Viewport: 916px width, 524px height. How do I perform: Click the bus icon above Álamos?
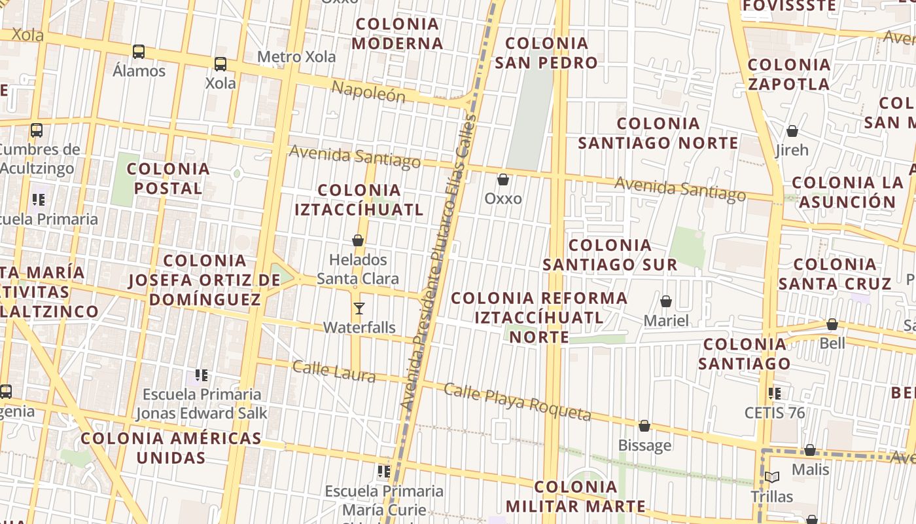[139, 52]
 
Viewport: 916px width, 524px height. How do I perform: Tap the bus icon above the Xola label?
[220, 64]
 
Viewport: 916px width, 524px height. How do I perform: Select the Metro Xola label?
[296, 57]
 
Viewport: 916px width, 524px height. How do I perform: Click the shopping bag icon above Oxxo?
[503, 179]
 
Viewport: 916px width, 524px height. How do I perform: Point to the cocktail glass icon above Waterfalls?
[359, 309]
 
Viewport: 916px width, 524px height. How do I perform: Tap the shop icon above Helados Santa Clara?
[358, 241]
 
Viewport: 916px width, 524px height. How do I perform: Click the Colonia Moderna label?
[397, 34]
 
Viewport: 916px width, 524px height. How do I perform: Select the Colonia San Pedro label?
[546, 53]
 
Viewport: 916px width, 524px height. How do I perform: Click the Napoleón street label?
[368, 92]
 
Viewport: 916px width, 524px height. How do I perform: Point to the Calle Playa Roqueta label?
[517, 402]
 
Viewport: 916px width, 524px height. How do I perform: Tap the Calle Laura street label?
[334, 371]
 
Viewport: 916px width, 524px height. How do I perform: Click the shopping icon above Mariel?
[666, 302]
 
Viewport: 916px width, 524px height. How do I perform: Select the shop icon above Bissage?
[644, 426]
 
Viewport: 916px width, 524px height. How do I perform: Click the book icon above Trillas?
[772, 477]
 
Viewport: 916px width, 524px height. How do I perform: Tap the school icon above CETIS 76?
[775, 394]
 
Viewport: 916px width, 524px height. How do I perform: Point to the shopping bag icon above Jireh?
[792, 132]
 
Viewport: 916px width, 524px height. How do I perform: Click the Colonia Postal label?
[168, 178]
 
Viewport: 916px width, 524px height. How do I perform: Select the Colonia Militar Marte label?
[576, 496]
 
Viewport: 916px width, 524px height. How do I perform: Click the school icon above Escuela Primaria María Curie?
[384, 472]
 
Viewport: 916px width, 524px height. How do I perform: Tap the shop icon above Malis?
[810, 451]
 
